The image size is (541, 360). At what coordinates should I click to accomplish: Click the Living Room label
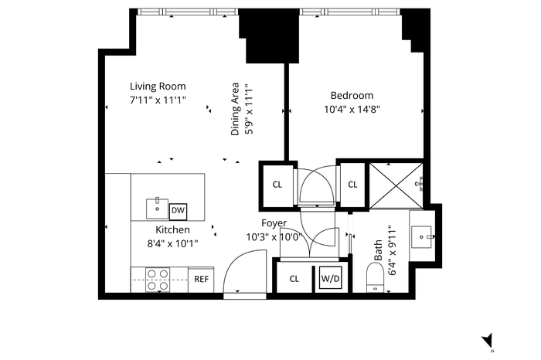click(158, 87)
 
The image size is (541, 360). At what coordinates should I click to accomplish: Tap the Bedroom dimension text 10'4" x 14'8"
click(352, 109)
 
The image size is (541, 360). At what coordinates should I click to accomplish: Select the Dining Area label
click(235, 109)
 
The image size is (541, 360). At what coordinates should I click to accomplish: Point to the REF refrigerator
click(201, 279)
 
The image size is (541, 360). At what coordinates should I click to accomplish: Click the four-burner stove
click(158, 280)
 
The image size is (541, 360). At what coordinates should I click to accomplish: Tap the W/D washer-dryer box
click(330, 279)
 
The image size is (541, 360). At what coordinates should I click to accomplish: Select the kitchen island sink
click(158, 209)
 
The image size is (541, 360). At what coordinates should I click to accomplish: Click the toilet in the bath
click(375, 277)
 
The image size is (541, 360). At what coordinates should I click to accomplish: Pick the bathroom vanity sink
click(422, 237)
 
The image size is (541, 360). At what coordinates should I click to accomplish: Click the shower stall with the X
click(396, 186)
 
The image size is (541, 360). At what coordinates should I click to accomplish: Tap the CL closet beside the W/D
click(294, 279)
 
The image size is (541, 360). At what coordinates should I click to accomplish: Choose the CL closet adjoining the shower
click(352, 185)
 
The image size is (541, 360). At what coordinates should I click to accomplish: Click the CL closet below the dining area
click(277, 185)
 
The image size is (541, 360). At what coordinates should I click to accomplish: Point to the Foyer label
click(274, 223)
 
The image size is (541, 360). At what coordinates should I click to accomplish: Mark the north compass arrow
click(488, 341)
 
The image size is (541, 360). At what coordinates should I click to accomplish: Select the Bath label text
click(378, 250)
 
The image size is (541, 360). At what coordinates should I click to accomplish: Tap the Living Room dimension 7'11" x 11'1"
click(158, 100)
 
